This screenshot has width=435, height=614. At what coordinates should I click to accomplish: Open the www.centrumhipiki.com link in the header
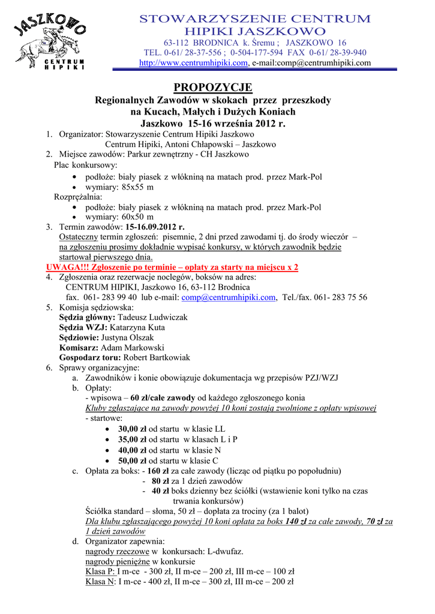pyautogui.click(x=193, y=63)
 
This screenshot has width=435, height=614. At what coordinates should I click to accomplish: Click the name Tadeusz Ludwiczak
pyautogui.click(x=152, y=317)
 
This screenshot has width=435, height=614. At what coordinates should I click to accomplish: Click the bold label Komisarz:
pyautogui.click(x=79, y=347)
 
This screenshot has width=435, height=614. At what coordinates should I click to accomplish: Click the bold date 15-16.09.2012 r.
pyautogui.click(x=155, y=227)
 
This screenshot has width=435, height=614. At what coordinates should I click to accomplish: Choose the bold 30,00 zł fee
pyautogui.click(x=132, y=429)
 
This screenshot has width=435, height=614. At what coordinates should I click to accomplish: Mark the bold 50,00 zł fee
pyautogui.click(x=132, y=460)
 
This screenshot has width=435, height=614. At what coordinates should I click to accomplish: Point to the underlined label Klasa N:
pyautogui.click(x=100, y=581)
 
